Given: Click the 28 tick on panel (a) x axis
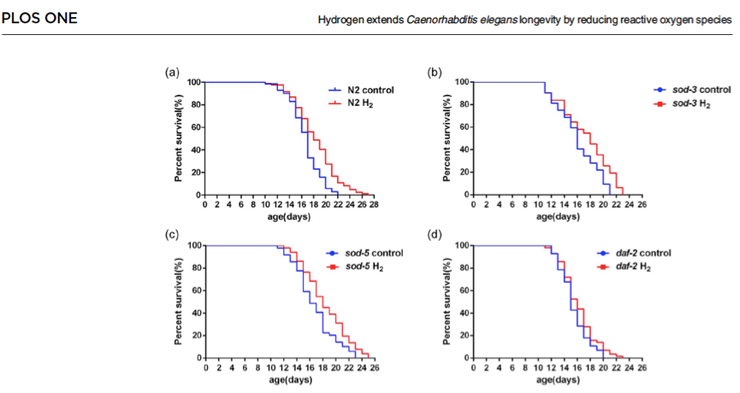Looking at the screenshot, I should click(x=374, y=205).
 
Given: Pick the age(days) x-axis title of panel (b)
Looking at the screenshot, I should click(x=557, y=215).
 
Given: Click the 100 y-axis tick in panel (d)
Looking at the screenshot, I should click(x=459, y=246).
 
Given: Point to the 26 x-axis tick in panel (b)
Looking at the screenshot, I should click(x=642, y=205).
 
